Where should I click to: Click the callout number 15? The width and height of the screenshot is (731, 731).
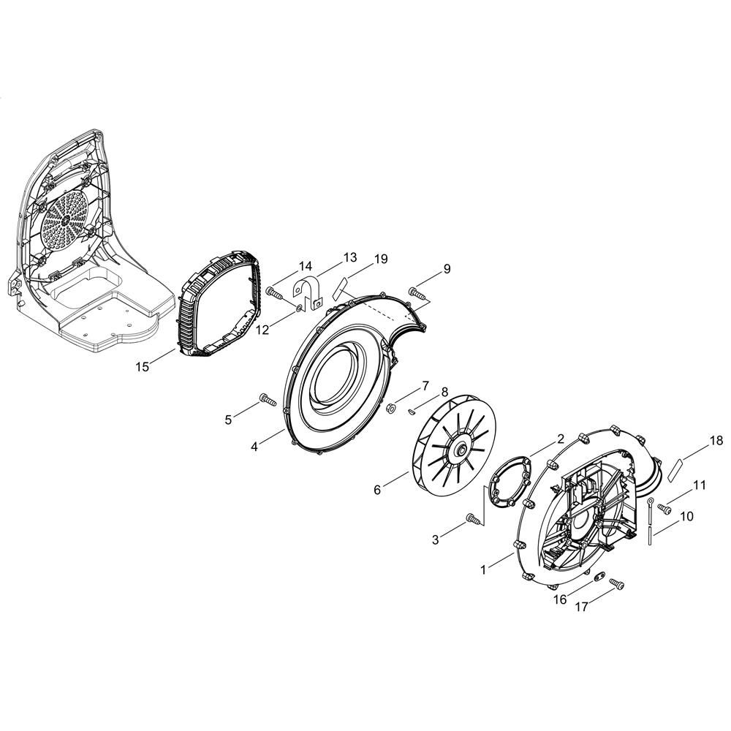click(x=143, y=365)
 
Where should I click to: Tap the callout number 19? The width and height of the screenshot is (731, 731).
click(x=381, y=259)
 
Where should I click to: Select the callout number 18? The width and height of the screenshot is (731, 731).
click(x=716, y=440)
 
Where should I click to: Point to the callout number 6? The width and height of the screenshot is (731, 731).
click(x=377, y=490)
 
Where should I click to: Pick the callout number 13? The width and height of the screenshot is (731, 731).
click(x=349, y=257)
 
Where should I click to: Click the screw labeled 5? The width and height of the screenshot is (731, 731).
click(x=264, y=399)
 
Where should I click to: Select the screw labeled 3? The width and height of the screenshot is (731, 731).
click(x=471, y=519)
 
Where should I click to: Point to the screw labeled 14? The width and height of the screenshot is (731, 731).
click(x=275, y=292)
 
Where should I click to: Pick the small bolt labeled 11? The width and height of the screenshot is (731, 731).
click(x=665, y=507)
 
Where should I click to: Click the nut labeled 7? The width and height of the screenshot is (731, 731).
click(x=391, y=407)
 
